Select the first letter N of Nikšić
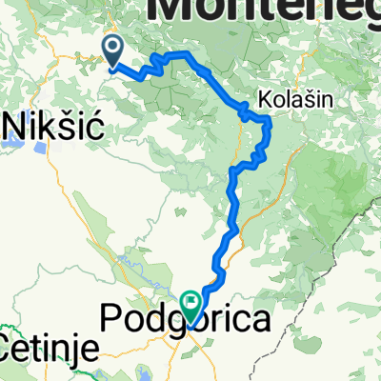(14, 125)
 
